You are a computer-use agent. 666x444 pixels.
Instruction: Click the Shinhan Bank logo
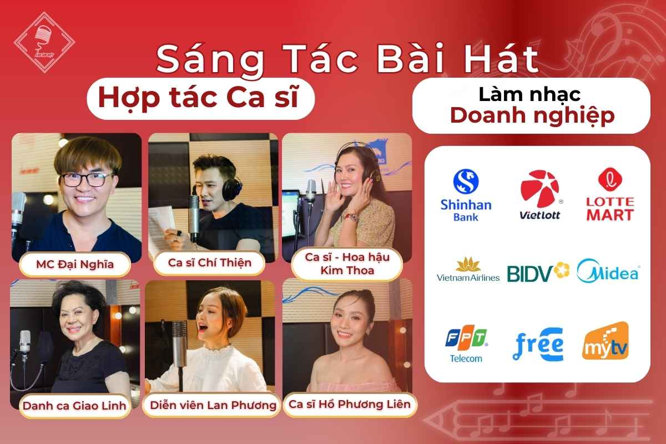466,195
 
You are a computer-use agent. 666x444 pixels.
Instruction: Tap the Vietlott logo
539,195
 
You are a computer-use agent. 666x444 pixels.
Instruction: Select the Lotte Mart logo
609,195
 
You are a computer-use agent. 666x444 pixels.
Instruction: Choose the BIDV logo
538,273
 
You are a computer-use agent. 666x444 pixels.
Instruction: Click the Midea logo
608,272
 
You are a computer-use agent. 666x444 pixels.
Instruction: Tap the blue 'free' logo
537,344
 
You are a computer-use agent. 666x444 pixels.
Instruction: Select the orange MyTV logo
606,342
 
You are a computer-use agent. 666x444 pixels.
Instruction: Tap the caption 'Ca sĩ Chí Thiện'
210,262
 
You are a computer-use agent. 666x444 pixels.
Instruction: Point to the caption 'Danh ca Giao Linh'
74,405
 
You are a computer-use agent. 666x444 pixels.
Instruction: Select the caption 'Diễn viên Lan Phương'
213,405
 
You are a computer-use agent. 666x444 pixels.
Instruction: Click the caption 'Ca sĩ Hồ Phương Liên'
349,403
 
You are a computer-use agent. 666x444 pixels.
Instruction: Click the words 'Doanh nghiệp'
532,115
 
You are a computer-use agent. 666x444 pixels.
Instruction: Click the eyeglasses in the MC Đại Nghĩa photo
87,179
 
